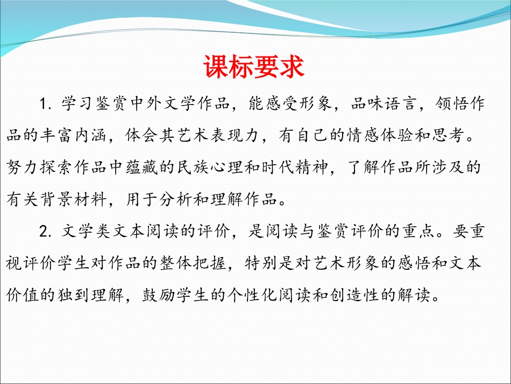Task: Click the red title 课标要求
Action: tap(254, 68)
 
